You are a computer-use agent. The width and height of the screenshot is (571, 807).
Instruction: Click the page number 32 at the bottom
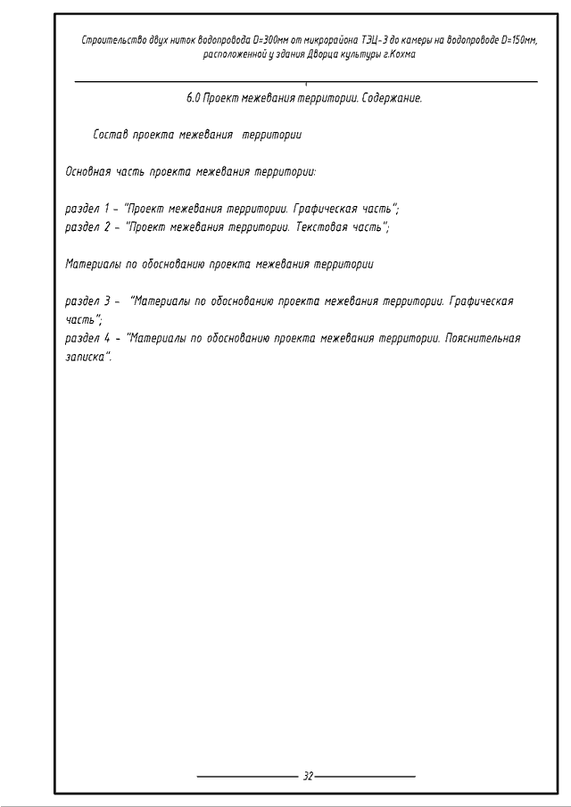pyautogui.click(x=308, y=777)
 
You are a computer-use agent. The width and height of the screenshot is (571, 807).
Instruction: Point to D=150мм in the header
pyautogui.click(x=519, y=40)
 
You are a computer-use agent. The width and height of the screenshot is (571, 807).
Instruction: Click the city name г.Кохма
pyautogui.click(x=398, y=54)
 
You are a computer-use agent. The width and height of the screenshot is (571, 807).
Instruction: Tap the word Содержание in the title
pyautogui.click(x=392, y=97)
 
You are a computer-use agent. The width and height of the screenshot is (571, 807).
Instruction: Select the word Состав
pyautogui.click(x=110, y=136)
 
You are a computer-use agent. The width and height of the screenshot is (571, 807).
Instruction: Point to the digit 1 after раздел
pyautogui.click(x=106, y=209)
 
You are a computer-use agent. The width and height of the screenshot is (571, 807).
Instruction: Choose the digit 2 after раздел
pyautogui.click(x=106, y=226)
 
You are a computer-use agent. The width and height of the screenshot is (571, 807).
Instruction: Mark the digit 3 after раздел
pyautogui.click(x=106, y=301)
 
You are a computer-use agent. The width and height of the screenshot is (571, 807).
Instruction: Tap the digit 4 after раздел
pyautogui.click(x=106, y=339)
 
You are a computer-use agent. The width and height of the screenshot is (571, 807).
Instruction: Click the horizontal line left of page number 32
pyautogui.click(x=246, y=777)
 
